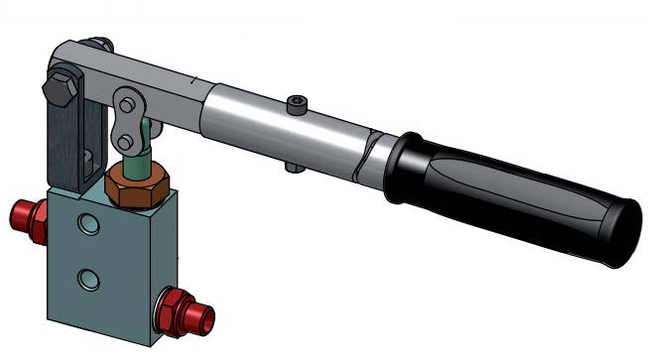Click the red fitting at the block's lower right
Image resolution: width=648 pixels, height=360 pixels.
(x=186, y=310)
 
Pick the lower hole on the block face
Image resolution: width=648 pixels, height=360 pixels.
(x=90, y=279)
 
